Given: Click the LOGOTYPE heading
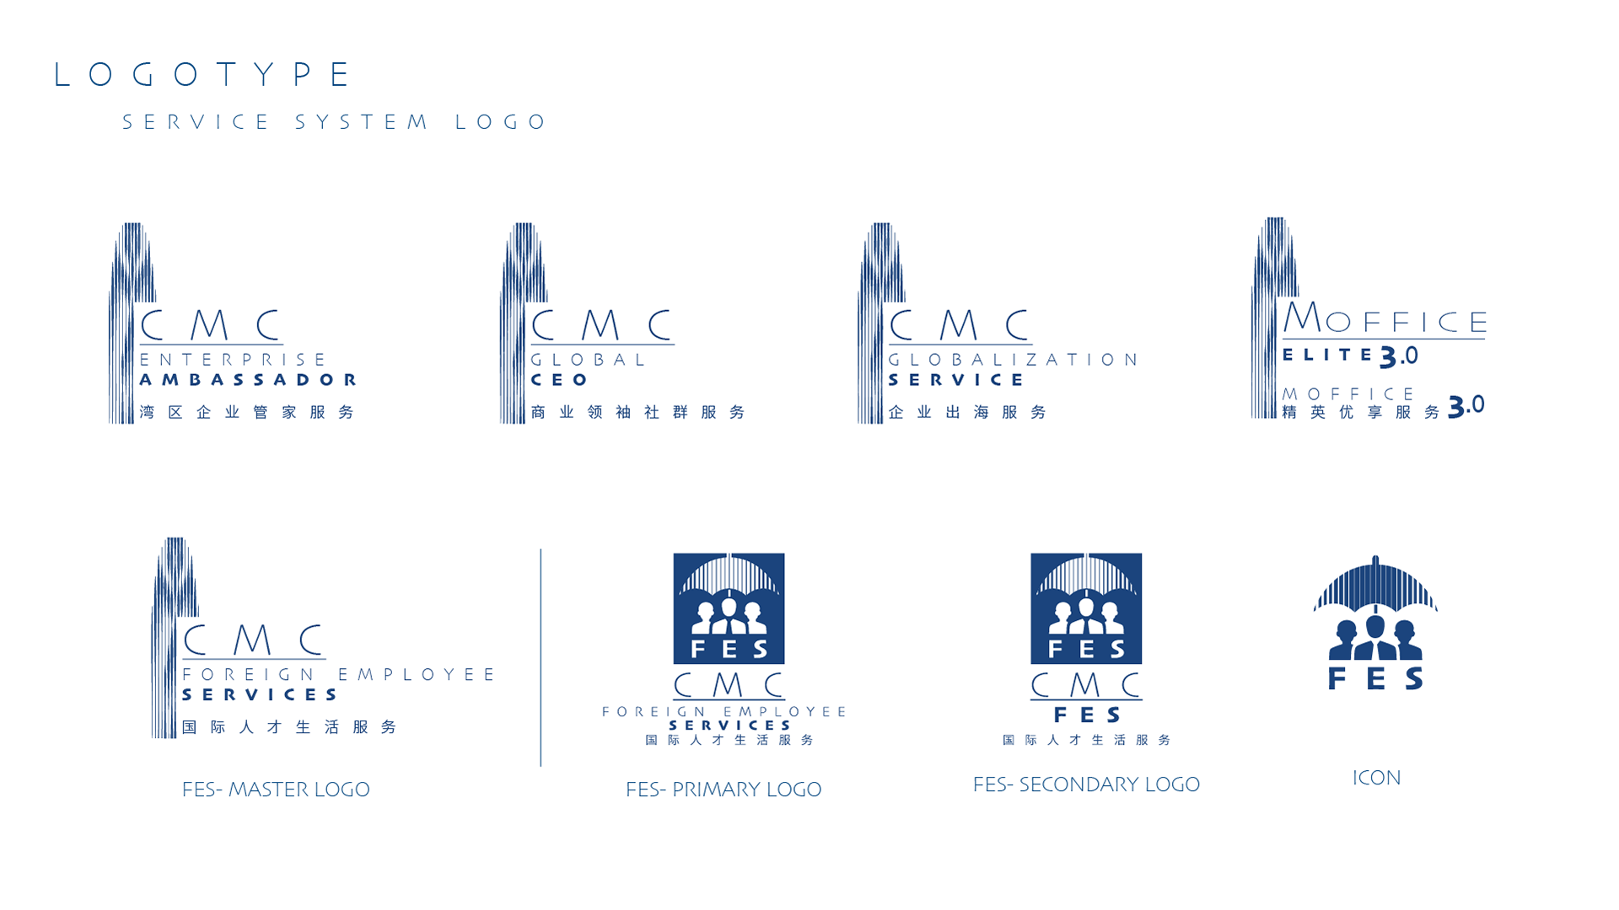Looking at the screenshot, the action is click(202, 75).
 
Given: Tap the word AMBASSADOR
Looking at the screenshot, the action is click(248, 380).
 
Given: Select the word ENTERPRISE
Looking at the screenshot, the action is click(233, 360).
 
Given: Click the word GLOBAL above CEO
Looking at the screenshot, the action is click(589, 360).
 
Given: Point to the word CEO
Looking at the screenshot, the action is click(559, 380).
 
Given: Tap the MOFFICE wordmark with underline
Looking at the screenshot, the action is click(1385, 320).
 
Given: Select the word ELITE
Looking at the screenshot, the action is click(1328, 355).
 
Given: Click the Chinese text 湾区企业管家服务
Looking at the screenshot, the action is click(247, 412).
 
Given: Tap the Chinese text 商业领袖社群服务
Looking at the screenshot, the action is click(637, 412).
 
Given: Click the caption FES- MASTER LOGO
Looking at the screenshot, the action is click(276, 790).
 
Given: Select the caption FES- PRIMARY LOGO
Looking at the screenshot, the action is click(723, 790).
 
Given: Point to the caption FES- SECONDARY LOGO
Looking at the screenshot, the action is click(1086, 784).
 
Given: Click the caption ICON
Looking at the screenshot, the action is click(1377, 778).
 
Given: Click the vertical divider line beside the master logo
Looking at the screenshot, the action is click(541, 657).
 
